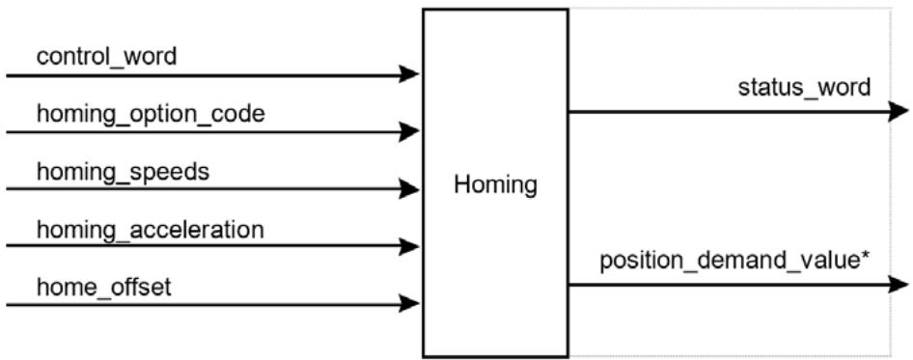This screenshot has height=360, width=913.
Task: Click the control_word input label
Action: pos(106,58)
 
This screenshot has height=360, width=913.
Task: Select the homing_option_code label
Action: pos(151,115)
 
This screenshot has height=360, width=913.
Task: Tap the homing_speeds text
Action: pos(123,173)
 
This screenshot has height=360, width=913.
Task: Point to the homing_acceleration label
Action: pos(151,231)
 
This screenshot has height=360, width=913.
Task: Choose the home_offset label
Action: pos(104,288)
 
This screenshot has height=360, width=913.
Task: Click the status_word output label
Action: pos(805,88)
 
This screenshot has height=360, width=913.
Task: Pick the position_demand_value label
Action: pos(734,262)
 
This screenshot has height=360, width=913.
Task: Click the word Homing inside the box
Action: pos(495,185)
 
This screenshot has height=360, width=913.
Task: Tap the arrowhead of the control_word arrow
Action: pos(409,74)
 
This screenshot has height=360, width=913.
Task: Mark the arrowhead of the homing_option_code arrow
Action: pos(409,131)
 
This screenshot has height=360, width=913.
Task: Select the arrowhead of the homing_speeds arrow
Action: pos(409,189)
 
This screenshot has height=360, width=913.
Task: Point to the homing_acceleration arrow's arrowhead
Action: pos(409,246)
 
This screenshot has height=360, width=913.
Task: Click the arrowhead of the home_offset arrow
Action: pos(409,303)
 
